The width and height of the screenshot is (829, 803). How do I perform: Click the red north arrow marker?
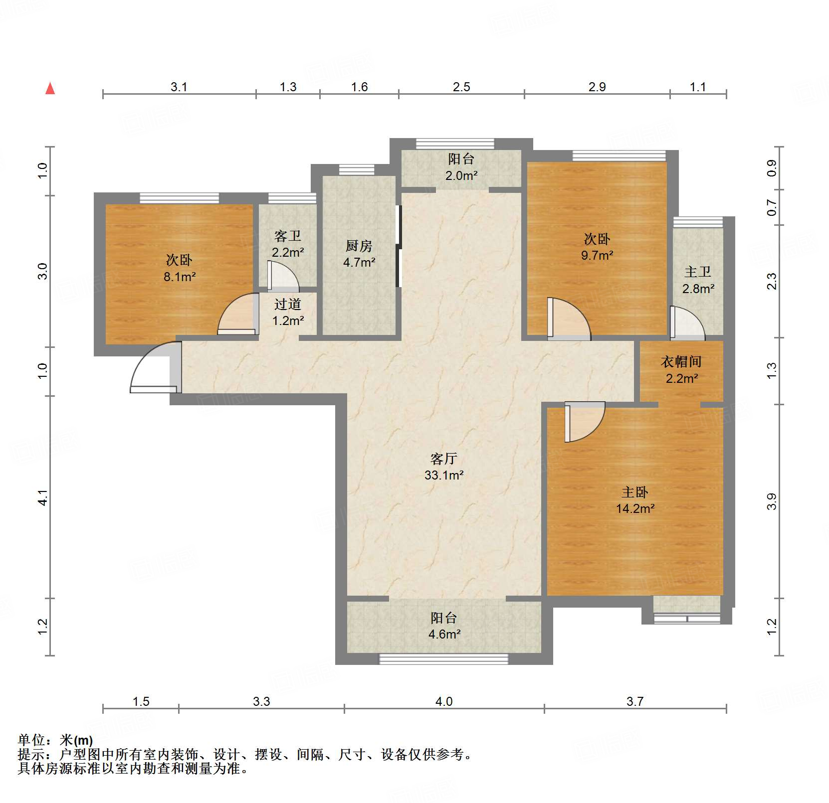tap(50, 89)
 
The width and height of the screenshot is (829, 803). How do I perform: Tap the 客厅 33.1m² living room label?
tap(444, 467)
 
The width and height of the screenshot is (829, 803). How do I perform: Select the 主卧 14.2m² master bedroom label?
tap(635, 500)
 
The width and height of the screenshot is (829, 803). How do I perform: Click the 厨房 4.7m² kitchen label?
tap(359, 253)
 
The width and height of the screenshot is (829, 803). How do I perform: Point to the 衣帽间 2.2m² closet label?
tap(681, 369)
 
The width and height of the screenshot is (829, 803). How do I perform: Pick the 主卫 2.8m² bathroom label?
tap(698, 280)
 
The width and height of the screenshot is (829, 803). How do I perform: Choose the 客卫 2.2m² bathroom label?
tap(288, 244)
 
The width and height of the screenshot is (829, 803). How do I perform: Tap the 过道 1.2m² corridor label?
tap(288, 312)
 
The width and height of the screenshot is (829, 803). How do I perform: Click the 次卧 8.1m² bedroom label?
tap(179, 268)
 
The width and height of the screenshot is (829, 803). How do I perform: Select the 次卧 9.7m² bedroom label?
tap(597, 247)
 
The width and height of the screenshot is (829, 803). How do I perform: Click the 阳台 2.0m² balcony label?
tap(461, 167)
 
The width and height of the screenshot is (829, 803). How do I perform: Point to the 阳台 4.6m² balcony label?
tap(444, 626)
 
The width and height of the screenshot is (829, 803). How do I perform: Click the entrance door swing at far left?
tap(152, 368)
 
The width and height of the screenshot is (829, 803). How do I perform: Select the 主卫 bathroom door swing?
tap(687, 323)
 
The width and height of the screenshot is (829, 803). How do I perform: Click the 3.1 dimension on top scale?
tap(179, 87)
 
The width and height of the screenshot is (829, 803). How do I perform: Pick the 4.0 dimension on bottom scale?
tap(444, 702)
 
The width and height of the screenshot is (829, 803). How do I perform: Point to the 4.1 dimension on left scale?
tap(43, 497)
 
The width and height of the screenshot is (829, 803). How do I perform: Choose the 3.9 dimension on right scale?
tap(772, 501)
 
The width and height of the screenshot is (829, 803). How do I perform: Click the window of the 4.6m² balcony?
tap(443, 659)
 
